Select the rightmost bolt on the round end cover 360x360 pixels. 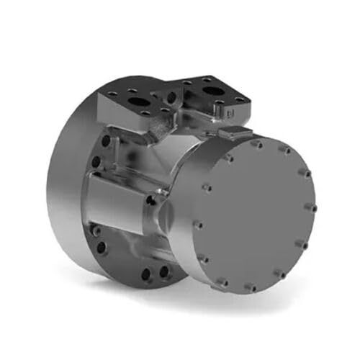pos(311,208)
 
